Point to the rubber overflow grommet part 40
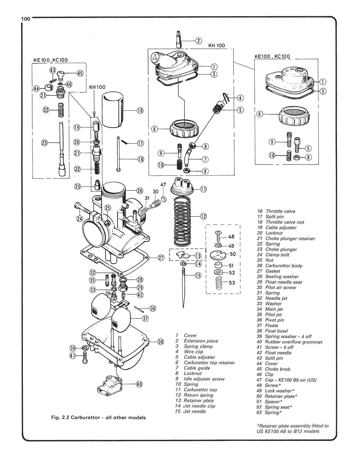[x=110, y=384]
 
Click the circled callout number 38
[x=160, y=342]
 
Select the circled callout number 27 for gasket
[x=161, y=258]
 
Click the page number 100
[x=26, y=19]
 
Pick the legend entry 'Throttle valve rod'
[x=285, y=222]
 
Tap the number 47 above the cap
[x=163, y=185]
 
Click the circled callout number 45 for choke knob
[x=80, y=73]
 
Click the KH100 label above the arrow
[x=97, y=87]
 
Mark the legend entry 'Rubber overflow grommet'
[x=293, y=342]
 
